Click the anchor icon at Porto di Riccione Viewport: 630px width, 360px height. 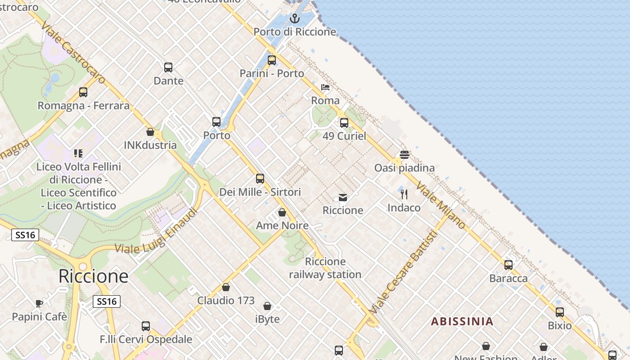click(x=294, y=18)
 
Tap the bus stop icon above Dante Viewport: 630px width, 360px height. click(x=168, y=67)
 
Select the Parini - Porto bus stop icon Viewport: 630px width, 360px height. click(x=272, y=60)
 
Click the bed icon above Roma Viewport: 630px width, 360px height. click(x=325, y=87)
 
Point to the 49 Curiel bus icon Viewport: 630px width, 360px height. click(x=344, y=122)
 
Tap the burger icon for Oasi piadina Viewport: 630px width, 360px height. click(x=404, y=155)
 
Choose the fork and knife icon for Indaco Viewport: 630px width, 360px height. click(x=404, y=194)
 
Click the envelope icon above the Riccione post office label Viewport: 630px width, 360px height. click(x=343, y=197)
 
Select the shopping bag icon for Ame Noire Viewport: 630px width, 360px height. click(x=282, y=212)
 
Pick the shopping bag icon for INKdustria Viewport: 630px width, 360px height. click(x=150, y=132)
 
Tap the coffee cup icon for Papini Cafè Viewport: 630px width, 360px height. click(x=39, y=303)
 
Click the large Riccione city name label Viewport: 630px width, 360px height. click(x=94, y=276)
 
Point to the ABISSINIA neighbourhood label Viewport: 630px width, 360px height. click(x=462, y=321)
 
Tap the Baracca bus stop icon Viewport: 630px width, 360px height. click(x=508, y=265)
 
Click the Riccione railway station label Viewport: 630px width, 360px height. click(x=325, y=268)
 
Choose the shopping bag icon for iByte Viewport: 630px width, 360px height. click(x=267, y=306)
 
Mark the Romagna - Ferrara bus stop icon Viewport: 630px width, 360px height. click(x=83, y=92)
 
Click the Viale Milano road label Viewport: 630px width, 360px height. click(x=441, y=205)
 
